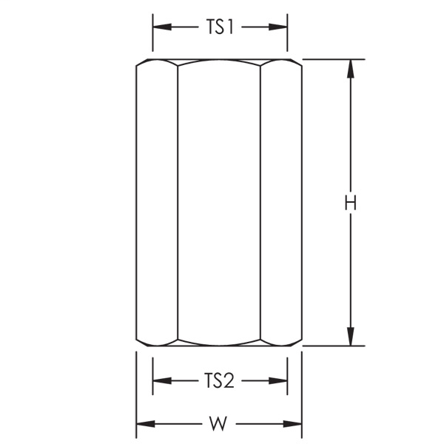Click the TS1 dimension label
(x=220, y=27)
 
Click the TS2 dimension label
(x=219, y=381)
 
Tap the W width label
(x=218, y=424)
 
